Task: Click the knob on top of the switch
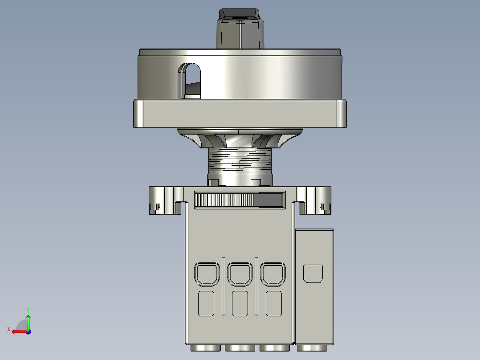240,29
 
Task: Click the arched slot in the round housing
190,80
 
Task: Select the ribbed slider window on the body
240,200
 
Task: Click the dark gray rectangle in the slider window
268,200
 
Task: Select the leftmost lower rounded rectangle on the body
206,304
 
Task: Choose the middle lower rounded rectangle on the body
240,304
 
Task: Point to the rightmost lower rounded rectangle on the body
274,304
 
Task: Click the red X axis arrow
18,331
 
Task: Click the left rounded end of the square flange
138,114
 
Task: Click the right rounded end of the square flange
342,114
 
